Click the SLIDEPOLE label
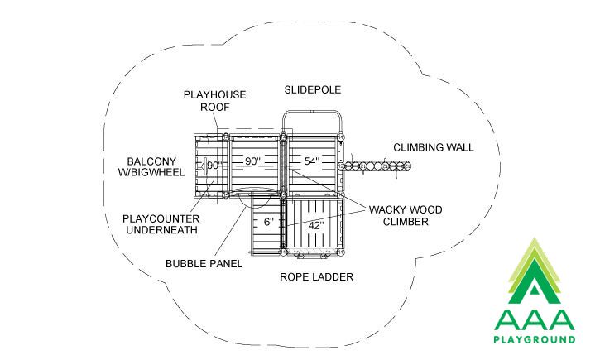click(x=312, y=90)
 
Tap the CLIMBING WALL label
click(x=433, y=147)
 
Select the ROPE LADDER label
click(x=316, y=277)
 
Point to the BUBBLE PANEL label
click(x=204, y=264)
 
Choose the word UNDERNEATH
click(x=162, y=230)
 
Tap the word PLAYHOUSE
click(x=214, y=95)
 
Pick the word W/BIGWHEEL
click(x=151, y=172)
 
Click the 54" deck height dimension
click(x=312, y=161)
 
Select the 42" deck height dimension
click(x=316, y=226)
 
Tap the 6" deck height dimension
click(x=269, y=222)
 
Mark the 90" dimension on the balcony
click(x=214, y=166)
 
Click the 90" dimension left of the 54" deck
click(x=252, y=161)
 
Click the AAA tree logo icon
click(x=534, y=271)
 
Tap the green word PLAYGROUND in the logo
click(x=534, y=339)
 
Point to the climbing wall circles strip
click(x=377, y=166)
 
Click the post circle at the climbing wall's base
click(x=341, y=166)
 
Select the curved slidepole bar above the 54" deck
click(x=312, y=112)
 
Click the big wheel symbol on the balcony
click(x=203, y=166)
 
